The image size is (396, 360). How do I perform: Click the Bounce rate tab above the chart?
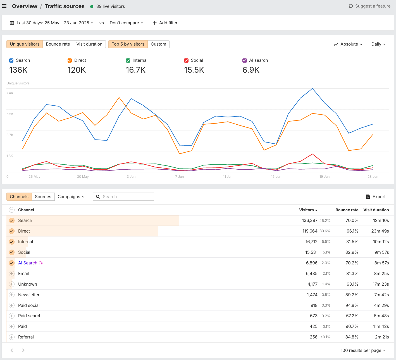point(58,44)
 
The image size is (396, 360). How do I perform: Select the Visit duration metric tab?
point(89,44)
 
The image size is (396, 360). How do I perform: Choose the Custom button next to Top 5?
point(158,44)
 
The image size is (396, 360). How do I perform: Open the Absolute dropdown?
point(348,44)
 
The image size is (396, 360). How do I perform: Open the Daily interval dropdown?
point(378,44)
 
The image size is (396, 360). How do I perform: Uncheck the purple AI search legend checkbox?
point(245,60)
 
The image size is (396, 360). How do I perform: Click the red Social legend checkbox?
point(186,60)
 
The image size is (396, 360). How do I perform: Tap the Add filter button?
point(165,23)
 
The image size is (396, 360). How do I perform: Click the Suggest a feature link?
point(369,6)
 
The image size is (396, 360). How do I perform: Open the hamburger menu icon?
point(4,6)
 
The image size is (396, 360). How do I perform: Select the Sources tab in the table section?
point(43,197)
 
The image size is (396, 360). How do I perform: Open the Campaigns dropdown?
point(71,197)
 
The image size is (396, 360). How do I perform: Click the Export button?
point(376,197)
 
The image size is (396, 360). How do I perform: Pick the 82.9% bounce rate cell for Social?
point(352,252)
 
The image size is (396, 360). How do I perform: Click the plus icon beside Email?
point(12,274)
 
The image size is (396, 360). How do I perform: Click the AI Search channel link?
point(28,263)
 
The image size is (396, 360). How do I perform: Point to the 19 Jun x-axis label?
point(325,177)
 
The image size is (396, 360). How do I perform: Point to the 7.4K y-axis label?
point(10,93)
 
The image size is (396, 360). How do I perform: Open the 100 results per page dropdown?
point(363,350)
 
